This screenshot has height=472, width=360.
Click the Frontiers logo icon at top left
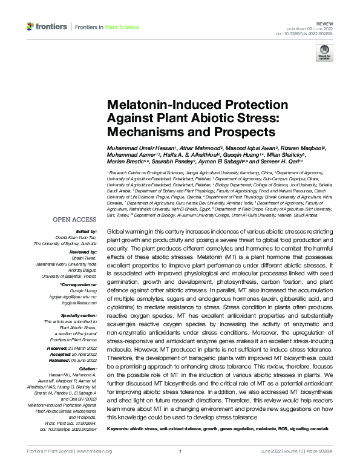pyautogui.click(x=30, y=27)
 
